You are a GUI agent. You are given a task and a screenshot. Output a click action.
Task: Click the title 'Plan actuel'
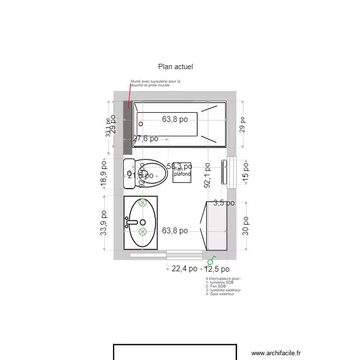[x=175, y=67]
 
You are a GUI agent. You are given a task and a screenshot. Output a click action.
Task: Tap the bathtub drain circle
[x=141, y=124]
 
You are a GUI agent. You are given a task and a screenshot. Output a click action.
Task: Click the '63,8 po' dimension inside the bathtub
[x=175, y=120]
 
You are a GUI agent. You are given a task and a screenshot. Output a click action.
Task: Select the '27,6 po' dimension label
[x=145, y=139]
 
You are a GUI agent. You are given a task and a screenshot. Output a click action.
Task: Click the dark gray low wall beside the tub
[x=127, y=127]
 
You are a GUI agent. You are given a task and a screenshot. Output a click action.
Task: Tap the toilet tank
[x=129, y=174]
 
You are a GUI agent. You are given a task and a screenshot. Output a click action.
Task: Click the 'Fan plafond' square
[x=182, y=172]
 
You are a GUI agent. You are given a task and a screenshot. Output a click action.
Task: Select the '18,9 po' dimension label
[x=104, y=174]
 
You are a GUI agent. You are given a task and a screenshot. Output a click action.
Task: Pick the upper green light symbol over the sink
[x=143, y=203]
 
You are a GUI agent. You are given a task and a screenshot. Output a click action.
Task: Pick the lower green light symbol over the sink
[x=143, y=232]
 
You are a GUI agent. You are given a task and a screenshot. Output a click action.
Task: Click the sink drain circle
[x=143, y=222]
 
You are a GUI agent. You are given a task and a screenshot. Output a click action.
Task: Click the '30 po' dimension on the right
[x=245, y=226]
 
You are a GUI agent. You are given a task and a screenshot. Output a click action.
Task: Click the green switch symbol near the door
[x=210, y=262]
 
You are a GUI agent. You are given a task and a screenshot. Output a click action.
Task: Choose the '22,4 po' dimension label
[x=184, y=269]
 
